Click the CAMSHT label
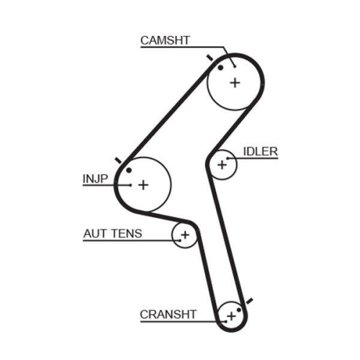point(165,41)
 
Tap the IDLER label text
point(261,151)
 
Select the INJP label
point(95,177)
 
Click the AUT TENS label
point(112,233)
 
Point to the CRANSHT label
point(167,314)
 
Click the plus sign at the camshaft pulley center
point(235,82)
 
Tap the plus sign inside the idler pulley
point(222,165)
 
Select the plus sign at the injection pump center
point(143,185)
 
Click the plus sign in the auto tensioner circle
point(185,235)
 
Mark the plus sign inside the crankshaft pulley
point(231,315)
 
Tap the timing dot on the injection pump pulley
point(129,170)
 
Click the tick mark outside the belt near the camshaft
point(209,56)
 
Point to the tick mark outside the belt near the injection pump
point(117,160)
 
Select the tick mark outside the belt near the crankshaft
point(250,299)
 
